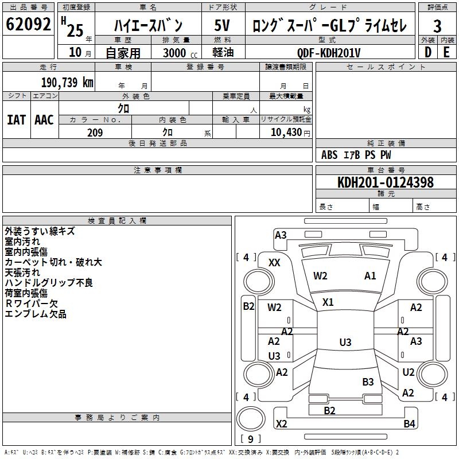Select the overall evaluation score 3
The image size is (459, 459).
pyautogui.click(x=437, y=26)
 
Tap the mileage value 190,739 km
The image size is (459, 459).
pyautogui.click(x=67, y=82)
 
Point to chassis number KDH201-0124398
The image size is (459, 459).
pyautogui.click(x=386, y=182)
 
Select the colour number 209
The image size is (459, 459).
pyautogui.click(x=95, y=133)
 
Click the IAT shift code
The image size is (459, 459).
pyautogui.click(x=16, y=120)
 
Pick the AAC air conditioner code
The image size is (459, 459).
pyautogui.click(x=44, y=120)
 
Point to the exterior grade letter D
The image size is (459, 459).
pyautogui.click(x=427, y=53)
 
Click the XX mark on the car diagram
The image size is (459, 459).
pyautogui.click(x=274, y=262)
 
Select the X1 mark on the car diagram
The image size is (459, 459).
pyautogui.click(x=328, y=302)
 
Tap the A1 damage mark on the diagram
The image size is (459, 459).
pyautogui.click(x=370, y=276)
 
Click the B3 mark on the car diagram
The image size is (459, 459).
pyautogui.click(x=368, y=382)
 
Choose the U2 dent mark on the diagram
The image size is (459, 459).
pyautogui.click(x=408, y=372)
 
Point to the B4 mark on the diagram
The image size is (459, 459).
pyautogui.click(x=409, y=424)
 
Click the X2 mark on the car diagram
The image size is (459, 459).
pyautogui.click(x=281, y=424)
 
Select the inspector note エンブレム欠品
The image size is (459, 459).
pyautogui.click(x=36, y=314)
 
